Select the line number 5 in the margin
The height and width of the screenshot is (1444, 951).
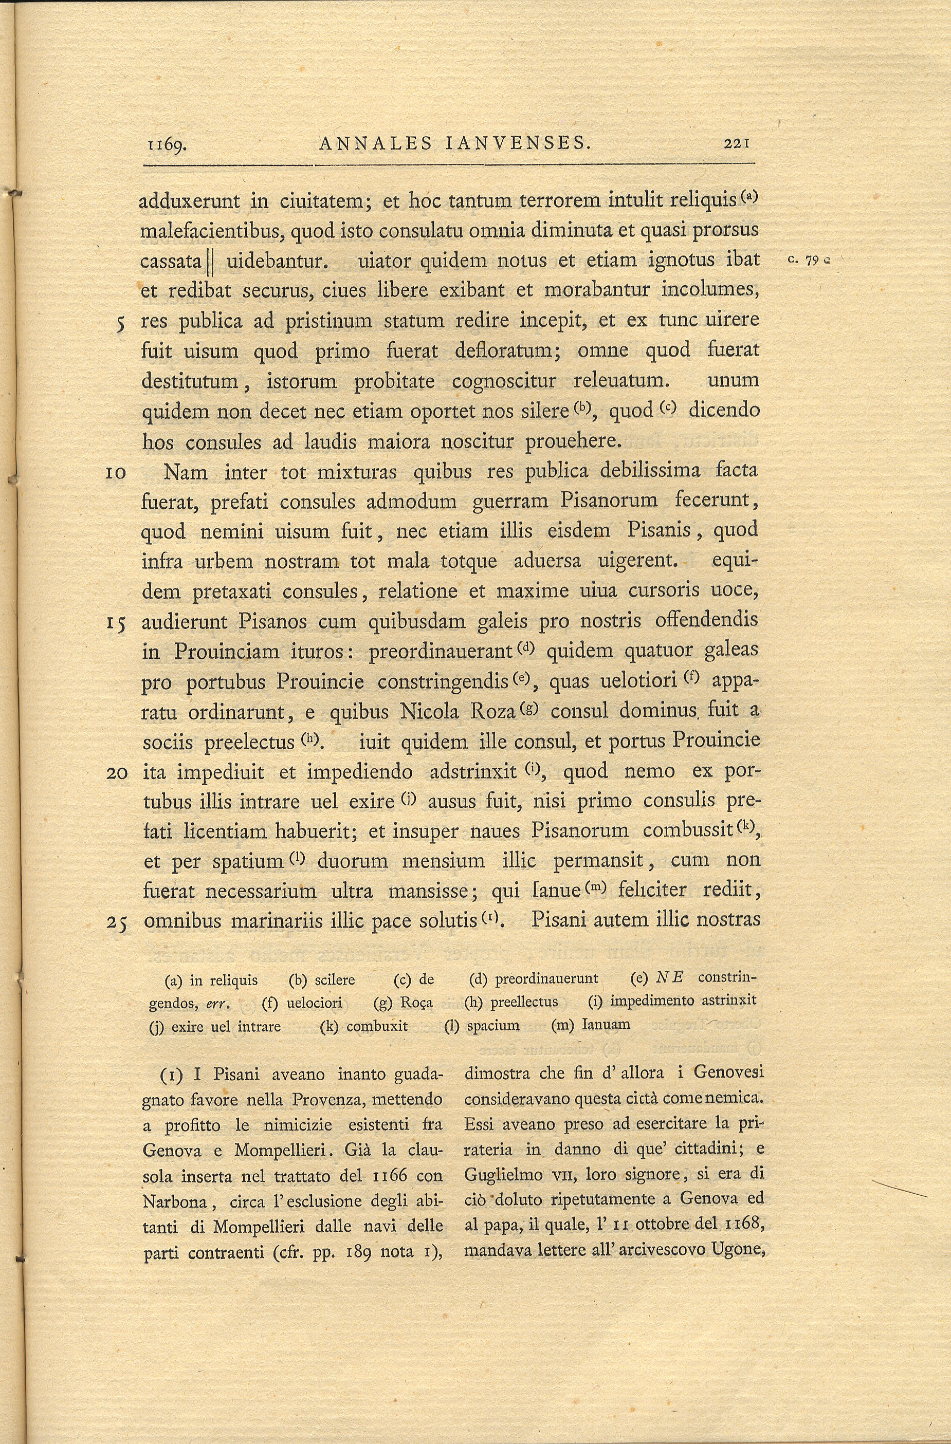121,322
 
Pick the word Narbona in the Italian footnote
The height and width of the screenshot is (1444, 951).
172,1201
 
